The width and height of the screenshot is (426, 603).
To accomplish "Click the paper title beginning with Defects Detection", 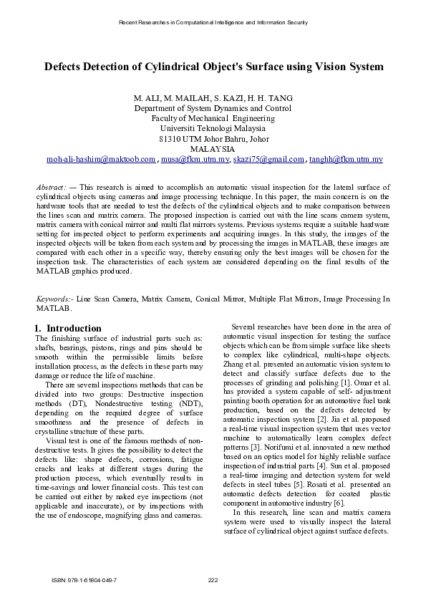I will point(213,67).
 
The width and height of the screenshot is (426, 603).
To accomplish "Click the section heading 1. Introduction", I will point(68,328).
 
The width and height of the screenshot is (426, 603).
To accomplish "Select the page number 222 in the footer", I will point(213,579).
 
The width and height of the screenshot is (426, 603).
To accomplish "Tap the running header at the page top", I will point(213,23).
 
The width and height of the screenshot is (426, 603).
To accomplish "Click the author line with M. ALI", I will point(213,97).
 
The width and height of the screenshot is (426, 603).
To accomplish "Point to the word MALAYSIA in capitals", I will point(213,148).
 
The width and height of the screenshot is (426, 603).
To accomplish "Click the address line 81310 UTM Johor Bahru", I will point(213,138).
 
